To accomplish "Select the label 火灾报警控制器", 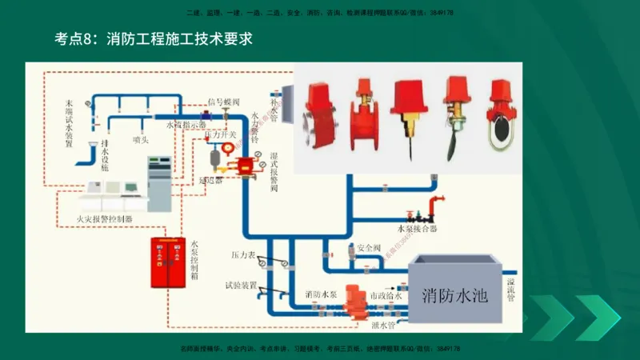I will [x=105, y=218].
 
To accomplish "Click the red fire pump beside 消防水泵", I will [x=352, y=298].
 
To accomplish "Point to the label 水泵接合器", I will [x=417, y=228].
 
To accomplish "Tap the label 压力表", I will [x=242, y=254].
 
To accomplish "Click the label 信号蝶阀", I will [x=223, y=102].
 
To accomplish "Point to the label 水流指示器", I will [x=186, y=126].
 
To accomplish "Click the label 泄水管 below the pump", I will [x=383, y=325].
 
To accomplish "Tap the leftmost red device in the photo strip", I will [x=317, y=120].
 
